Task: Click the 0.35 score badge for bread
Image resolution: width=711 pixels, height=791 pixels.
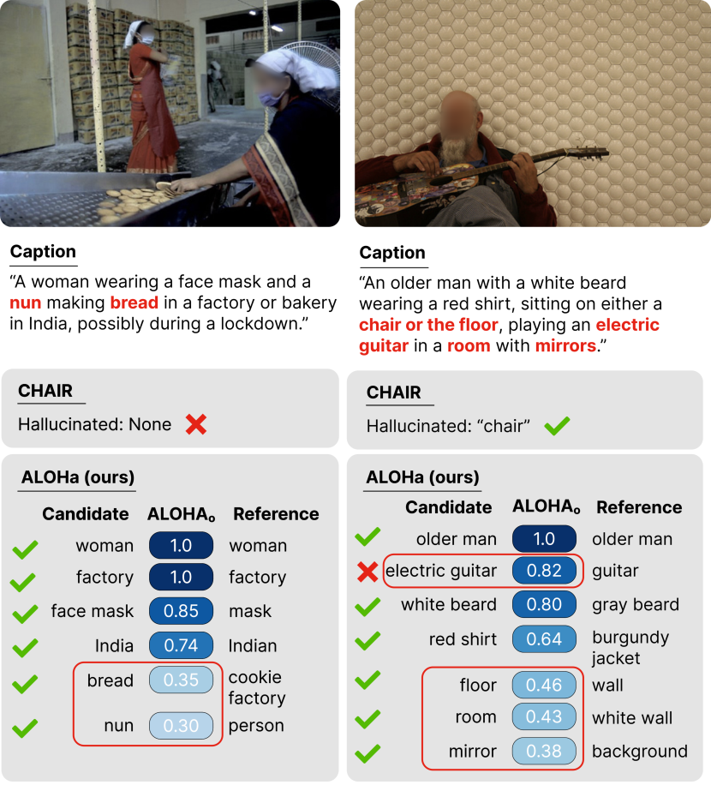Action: click(x=181, y=681)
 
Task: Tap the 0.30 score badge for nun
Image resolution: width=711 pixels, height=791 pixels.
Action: click(x=181, y=726)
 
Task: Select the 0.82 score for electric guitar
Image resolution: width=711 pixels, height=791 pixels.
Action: click(x=543, y=571)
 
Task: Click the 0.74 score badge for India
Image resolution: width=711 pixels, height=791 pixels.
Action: click(x=181, y=645)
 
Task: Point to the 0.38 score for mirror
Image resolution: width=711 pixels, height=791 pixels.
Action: click(x=543, y=752)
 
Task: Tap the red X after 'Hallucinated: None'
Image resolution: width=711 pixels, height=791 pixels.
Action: click(x=196, y=424)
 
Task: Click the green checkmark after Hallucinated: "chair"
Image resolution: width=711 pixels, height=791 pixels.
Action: click(x=557, y=425)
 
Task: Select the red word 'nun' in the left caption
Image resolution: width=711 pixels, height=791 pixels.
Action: click(x=25, y=303)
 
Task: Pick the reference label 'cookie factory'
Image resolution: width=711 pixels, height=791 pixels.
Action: click(x=257, y=688)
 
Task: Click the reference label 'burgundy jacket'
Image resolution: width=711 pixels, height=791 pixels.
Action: click(x=630, y=648)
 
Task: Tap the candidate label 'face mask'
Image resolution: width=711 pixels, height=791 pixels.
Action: click(x=92, y=612)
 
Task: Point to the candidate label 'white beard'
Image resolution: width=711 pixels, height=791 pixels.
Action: click(x=448, y=605)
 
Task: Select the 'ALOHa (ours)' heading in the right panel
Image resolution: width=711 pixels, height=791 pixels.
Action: click(x=422, y=477)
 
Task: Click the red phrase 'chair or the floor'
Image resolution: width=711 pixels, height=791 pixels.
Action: click(x=428, y=325)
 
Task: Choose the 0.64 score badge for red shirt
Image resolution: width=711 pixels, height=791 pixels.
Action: click(x=543, y=639)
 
